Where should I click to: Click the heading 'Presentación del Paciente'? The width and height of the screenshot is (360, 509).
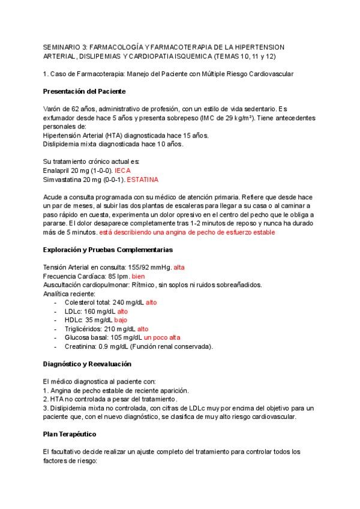pos(84,91)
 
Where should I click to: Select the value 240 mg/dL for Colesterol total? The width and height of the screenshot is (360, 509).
pos(128,303)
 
